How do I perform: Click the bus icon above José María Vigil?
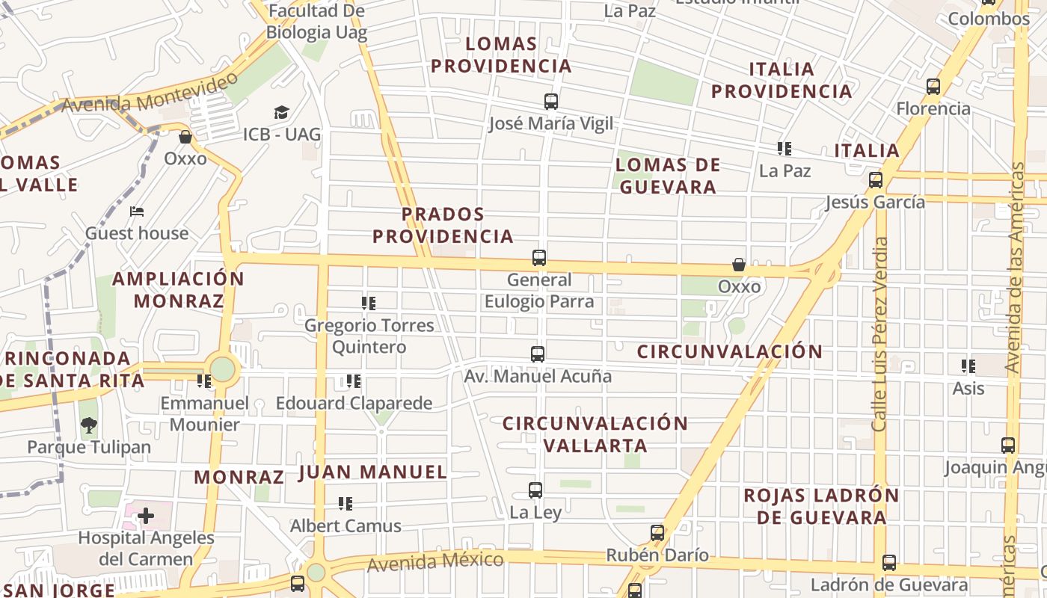[x=551, y=102]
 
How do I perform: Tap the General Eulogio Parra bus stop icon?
[x=539, y=258]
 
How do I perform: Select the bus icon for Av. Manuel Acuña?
[x=537, y=354]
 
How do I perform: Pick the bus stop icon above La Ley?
[x=535, y=490]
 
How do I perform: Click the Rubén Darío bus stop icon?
[x=657, y=533]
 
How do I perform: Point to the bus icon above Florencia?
[x=933, y=87]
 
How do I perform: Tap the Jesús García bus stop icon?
[x=876, y=180]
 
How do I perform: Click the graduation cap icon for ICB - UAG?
[x=281, y=112]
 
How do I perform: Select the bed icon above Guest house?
[x=137, y=212]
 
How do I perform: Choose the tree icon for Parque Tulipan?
[x=89, y=425]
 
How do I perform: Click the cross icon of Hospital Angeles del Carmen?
[x=146, y=516]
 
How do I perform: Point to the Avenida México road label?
[x=435, y=561]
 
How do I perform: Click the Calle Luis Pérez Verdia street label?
[x=880, y=334]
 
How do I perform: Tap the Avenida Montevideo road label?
[x=150, y=93]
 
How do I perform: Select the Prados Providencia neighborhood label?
[x=443, y=225]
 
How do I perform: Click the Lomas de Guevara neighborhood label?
[x=668, y=176]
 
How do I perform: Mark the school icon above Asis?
[x=968, y=366]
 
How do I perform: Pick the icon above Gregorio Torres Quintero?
[x=369, y=303]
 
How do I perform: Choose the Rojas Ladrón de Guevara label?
[x=821, y=506]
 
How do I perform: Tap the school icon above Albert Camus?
[x=346, y=504]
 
